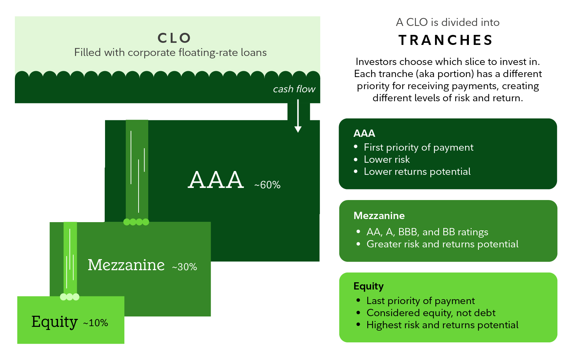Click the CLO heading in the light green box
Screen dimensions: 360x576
point(174,38)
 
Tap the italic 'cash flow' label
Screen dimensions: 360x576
point(294,89)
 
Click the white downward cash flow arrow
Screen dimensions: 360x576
point(298,116)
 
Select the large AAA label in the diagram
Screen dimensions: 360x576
point(216,180)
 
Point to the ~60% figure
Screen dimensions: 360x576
point(267,185)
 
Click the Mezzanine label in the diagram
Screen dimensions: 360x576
point(126,265)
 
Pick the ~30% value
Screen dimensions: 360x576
point(185,267)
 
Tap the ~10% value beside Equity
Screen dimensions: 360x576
point(96,323)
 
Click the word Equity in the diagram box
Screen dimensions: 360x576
point(54,322)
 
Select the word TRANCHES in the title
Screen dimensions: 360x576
point(446,40)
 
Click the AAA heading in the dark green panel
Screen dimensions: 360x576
point(364,133)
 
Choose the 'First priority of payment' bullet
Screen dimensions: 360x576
point(418,148)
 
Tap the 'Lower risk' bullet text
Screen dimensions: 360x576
point(387,160)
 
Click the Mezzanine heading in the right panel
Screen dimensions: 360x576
point(379,216)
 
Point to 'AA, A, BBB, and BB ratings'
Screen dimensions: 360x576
point(427,232)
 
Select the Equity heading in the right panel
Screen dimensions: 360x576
point(368,286)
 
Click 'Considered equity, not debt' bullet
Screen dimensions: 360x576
point(431,313)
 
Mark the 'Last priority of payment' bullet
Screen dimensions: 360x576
point(421,301)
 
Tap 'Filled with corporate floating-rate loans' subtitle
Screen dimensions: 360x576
point(170,53)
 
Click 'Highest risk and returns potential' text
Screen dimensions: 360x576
point(442,325)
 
